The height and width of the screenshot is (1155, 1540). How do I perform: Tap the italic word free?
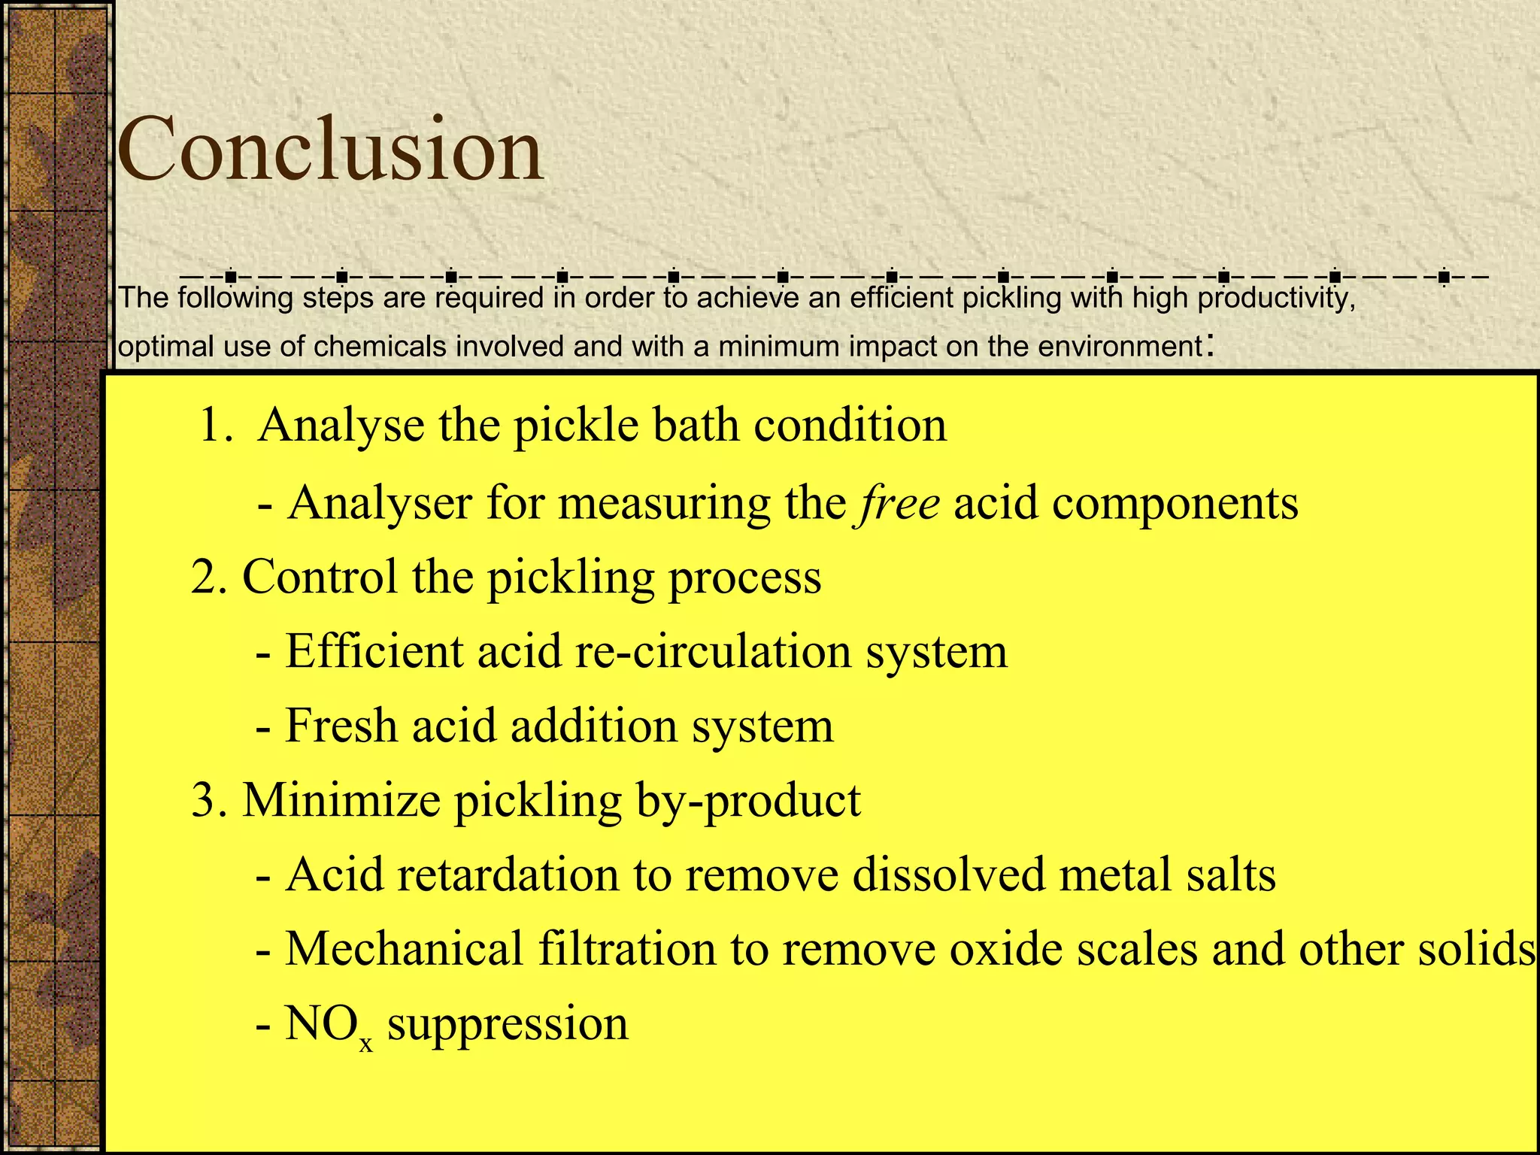pyautogui.click(x=896, y=502)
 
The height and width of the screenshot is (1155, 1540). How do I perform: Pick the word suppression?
pyautogui.click(x=508, y=1024)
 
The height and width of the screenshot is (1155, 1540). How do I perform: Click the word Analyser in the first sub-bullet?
pyautogui.click(x=380, y=502)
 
